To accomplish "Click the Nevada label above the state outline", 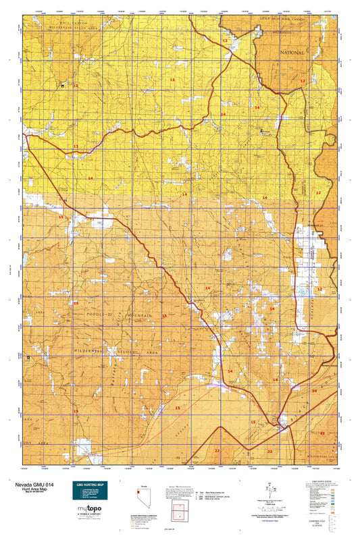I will coord(143,486).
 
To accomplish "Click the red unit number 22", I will coord(217,450).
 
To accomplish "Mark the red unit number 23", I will coord(269,451).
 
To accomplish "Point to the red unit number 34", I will coord(314,391).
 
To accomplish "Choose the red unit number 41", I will coord(322,433).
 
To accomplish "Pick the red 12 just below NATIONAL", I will coord(303,81).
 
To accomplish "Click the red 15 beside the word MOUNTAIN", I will coord(164,316).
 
